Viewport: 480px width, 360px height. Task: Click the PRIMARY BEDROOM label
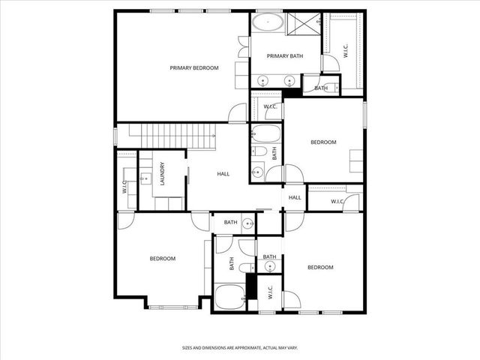tap(193, 68)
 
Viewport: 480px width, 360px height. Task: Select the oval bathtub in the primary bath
tap(267, 22)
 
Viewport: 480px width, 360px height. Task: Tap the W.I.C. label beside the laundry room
tap(124, 186)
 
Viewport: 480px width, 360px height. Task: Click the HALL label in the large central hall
tap(223, 174)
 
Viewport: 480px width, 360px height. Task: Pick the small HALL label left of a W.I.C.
tap(295, 197)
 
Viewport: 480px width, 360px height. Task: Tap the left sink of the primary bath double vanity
tap(263, 80)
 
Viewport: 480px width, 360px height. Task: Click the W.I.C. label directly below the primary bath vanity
tap(270, 106)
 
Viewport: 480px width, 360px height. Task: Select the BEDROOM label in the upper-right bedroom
tap(323, 142)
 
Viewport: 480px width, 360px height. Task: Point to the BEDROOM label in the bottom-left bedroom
tap(162, 259)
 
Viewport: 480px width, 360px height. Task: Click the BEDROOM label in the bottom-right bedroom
tap(320, 267)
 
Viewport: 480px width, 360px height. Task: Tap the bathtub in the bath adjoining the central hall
tap(265, 135)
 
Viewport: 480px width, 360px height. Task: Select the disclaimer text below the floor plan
tap(240, 347)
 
